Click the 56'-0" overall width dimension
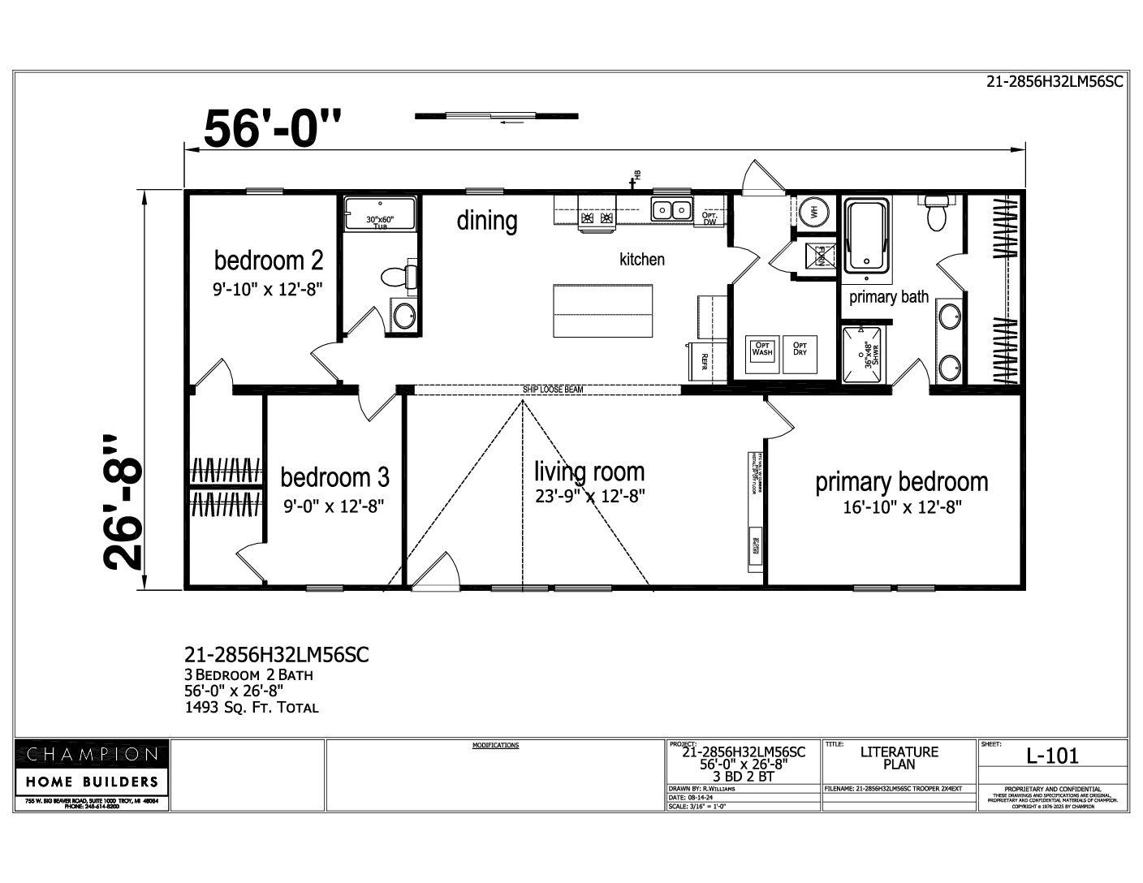pyautogui.click(x=273, y=128)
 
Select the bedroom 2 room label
pyautogui.click(x=269, y=261)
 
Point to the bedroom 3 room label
pyautogui.click(x=334, y=476)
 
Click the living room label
pyautogui.click(x=589, y=472)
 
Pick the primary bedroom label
pyautogui.click(x=901, y=482)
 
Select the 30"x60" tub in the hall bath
pyautogui.click(x=378, y=213)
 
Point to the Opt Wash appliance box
pyautogui.click(x=762, y=350)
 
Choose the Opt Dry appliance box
pyautogui.click(x=800, y=350)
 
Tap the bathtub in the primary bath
pyautogui.click(x=867, y=235)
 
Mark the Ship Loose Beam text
pyautogui.click(x=553, y=390)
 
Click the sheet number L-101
pyautogui.click(x=1052, y=756)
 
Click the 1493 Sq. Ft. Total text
pyautogui.click(x=252, y=707)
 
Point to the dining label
pyautogui.click(x=486, y=221)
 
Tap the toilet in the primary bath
pyautogui.click(x=937, y=212)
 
